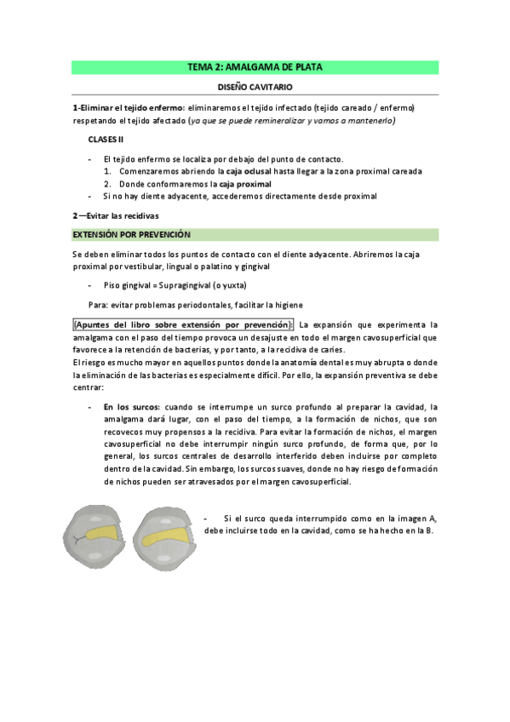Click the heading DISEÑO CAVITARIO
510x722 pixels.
pos(255,86)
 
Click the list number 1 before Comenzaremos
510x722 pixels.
pos(107,171)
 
